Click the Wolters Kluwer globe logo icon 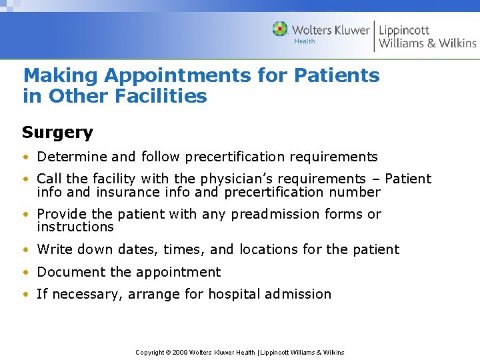(280, 29)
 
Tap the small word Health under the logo (304, 41)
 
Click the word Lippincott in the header (404, 30)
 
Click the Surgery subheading (57, 132)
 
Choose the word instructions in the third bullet (75, 227)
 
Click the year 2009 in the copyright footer (182, 352)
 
